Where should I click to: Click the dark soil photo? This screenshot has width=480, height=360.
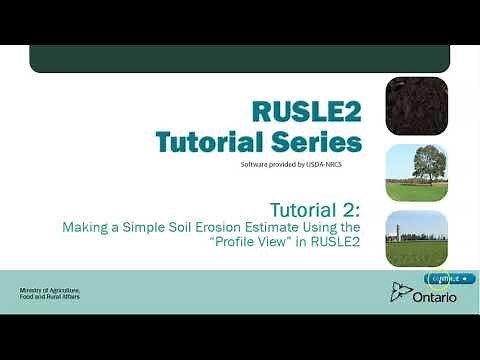pyautogui.click(x=416, y=106)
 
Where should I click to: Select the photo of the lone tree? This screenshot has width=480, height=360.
pyautogui.click(x=416, y=171)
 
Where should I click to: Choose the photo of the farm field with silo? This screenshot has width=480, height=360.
pyautogui.click(x=416, y=237)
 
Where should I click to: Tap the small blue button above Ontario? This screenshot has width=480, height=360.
pyautogui.click(x=449, y=278)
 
